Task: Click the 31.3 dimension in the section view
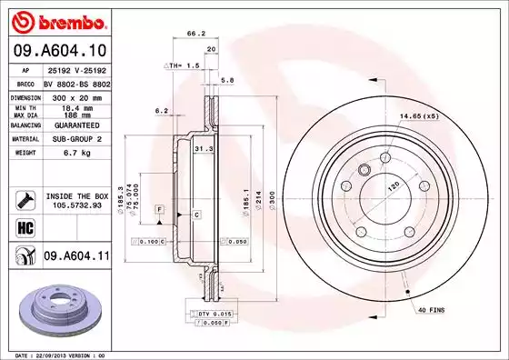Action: tap(204, 149)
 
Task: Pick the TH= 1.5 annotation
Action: tap(185, 66)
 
